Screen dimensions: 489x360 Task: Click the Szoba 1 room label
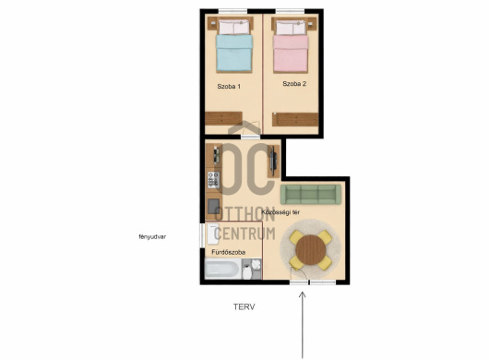[229, 87]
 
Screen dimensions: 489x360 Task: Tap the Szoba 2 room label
[294, 84]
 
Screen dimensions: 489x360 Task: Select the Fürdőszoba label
[229, 252]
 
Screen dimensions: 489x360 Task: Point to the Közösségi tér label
[280, 212]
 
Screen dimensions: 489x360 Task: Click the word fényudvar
[152, 237]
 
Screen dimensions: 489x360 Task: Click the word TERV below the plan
[244, 307]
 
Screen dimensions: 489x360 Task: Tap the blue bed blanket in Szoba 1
[234, 53]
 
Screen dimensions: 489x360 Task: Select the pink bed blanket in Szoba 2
[291, 54]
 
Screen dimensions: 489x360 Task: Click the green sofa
[311, 195]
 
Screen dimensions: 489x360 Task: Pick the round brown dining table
[311, 250]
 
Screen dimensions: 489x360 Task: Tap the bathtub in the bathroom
[222, 270]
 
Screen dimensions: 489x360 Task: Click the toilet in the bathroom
[246, 271]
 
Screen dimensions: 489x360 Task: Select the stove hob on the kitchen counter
[214, 180]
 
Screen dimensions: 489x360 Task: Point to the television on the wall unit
[273, 161]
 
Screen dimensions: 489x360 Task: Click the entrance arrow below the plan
[303, 325]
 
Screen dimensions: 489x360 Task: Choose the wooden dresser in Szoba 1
[223, 118]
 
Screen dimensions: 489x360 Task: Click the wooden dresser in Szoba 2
[295, 119]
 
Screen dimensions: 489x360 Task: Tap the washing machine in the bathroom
[213, 234]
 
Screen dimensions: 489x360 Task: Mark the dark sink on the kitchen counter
[214, 206]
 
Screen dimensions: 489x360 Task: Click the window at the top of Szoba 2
[290, 12]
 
